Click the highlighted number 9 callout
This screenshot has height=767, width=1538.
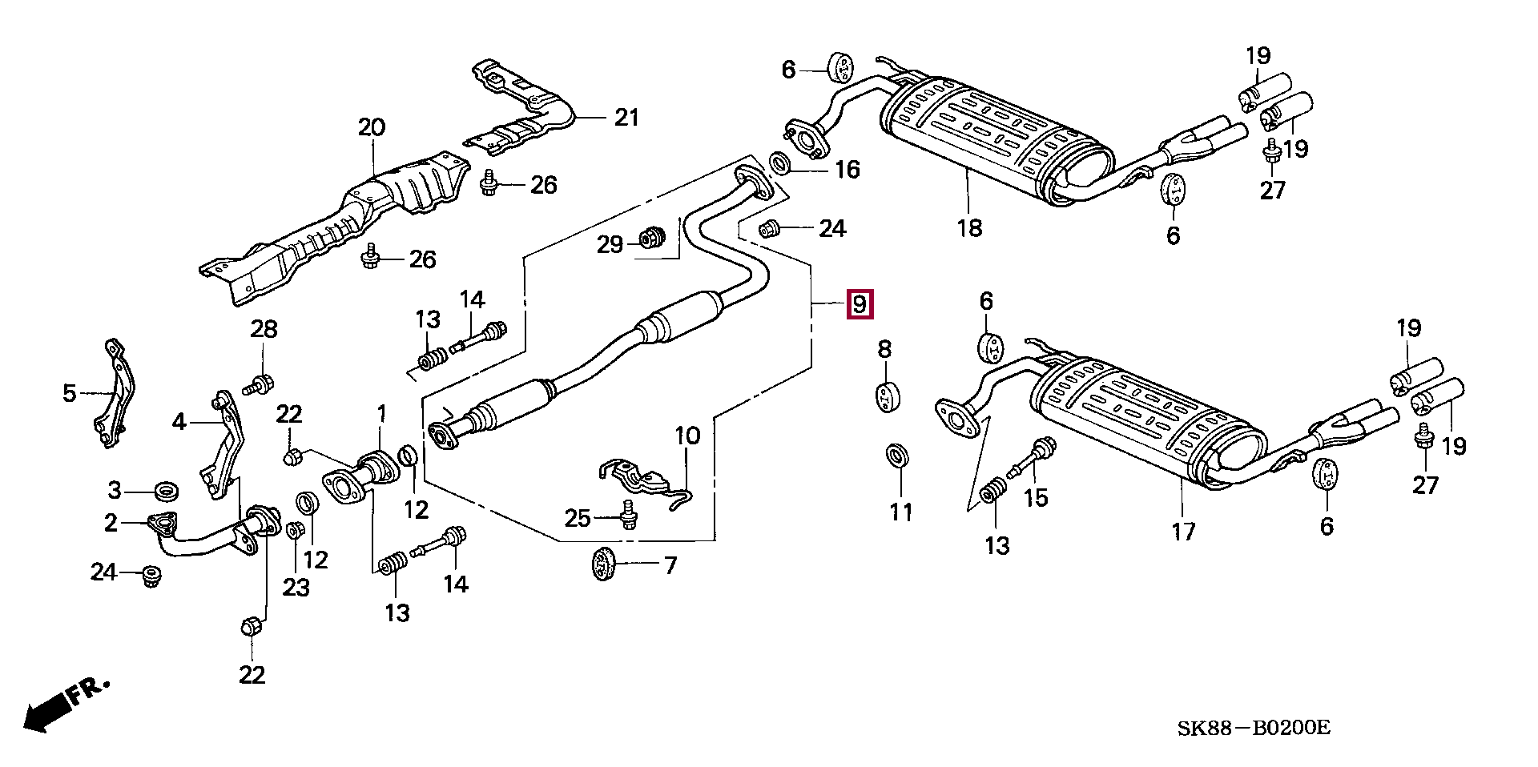(x=860, y=304)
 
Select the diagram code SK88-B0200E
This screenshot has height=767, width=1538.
(x=1253, y=728)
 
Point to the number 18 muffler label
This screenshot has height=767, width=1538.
(x=969, y=228)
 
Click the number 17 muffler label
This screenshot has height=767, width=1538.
(x=1183, y=532)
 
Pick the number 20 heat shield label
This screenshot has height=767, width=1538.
(x=372, y=127)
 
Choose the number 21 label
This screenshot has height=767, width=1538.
(x=626, y=118)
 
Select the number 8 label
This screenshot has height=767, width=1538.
(x=884, y=349)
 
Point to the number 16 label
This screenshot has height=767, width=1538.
(x=847, y=170)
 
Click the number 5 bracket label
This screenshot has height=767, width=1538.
(x=70, y=393)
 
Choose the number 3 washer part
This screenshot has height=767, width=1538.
(x=166, y=489)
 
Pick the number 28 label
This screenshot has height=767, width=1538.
(x=264, y=329)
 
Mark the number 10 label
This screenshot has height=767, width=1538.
(x=687, y=436)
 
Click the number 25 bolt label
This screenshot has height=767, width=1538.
(x=578, y=518)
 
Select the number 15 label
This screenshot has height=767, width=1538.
(x=1036, y=498)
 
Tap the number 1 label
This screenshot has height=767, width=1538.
(x=382, y=414)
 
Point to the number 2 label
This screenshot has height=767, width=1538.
(x=111, y=523)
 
